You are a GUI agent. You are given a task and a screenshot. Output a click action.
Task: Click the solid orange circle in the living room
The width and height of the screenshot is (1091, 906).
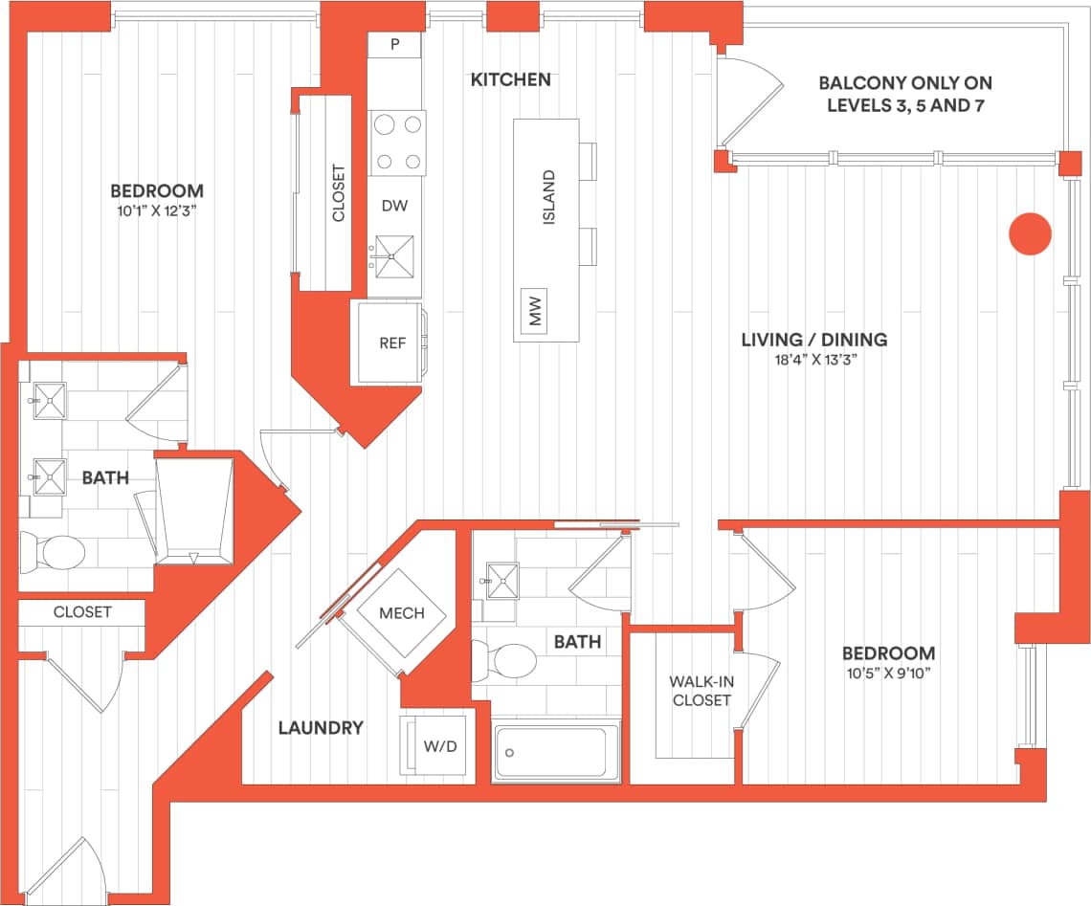(1031, 233)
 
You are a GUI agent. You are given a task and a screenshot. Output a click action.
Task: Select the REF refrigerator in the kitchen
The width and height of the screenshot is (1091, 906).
(392, 343)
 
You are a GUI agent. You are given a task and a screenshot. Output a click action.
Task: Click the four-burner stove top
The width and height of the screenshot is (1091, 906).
(398, 143)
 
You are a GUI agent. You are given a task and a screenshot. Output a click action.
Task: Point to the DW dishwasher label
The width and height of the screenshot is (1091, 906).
(393, 206)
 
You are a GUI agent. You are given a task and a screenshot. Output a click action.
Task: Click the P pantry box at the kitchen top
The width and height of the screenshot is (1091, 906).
(395, 45)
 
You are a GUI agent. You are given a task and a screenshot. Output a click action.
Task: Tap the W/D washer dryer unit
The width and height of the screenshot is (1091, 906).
(434, 745)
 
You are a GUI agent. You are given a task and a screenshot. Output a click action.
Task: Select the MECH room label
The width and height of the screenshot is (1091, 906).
(401, 613)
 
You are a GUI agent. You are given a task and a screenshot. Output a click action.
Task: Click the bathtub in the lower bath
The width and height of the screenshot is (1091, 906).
(555, 753)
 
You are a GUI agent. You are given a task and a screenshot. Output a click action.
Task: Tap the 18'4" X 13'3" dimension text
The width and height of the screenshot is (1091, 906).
(814, 360)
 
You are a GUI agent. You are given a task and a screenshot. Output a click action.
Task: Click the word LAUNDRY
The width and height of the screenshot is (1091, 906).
(321, 728)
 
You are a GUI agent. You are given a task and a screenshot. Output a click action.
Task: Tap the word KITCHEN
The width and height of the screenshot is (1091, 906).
(511, 80)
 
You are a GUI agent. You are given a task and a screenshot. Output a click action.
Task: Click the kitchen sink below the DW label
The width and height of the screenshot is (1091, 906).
(394, 255)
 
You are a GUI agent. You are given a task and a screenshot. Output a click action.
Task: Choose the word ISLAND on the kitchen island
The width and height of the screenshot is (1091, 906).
(549, 198)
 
